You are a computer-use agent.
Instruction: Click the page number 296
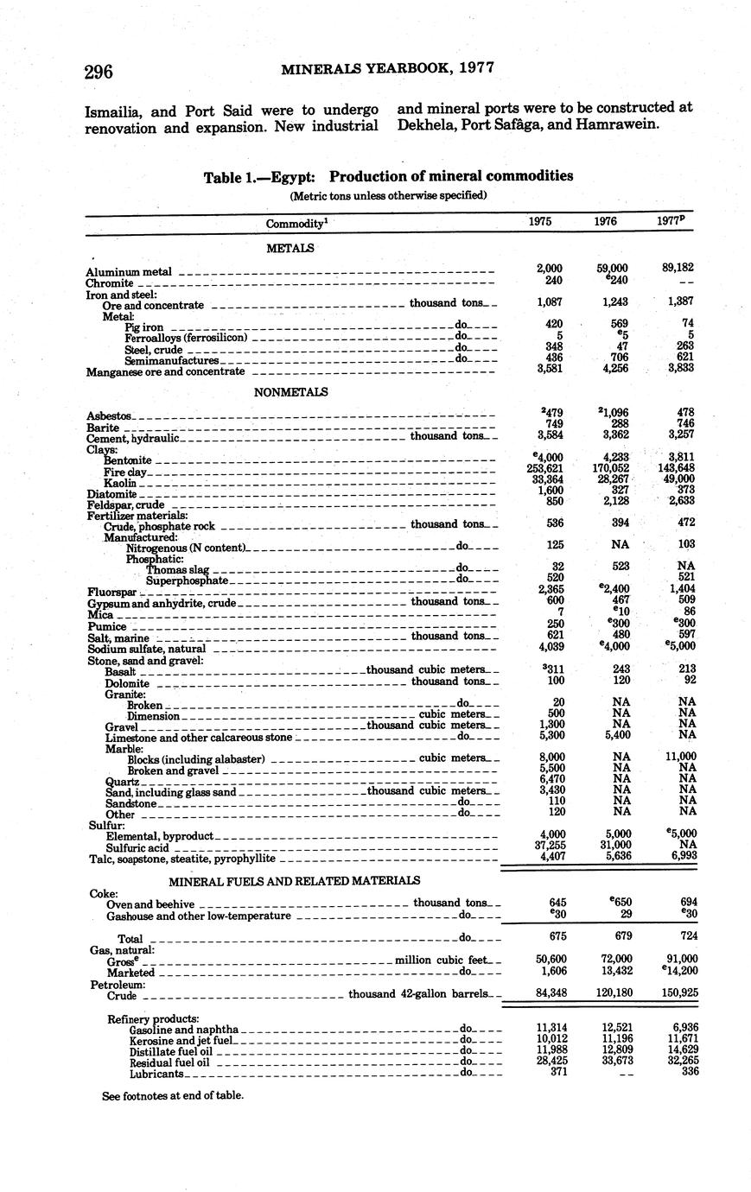99,72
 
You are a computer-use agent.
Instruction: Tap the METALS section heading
291,248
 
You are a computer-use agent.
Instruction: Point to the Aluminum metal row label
129,272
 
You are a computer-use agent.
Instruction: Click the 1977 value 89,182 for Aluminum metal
678,269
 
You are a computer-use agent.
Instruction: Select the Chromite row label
110,283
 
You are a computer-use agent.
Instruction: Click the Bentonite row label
128,461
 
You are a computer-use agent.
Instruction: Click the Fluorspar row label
111,593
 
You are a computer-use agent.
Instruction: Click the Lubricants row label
156,1075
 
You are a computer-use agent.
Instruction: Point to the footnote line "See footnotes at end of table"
173,1095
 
